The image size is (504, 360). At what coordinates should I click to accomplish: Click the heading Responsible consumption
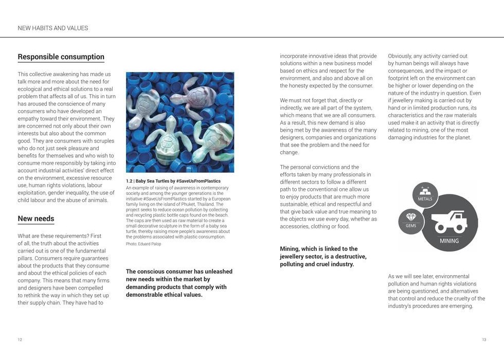pos(61,57)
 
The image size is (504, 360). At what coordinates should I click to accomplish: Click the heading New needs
pos(35,219)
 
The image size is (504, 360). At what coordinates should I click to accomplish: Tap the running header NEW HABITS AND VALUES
pos(53,28)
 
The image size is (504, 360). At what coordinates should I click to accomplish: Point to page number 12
pos(20,340)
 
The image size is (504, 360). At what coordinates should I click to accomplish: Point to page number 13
pos(484,340)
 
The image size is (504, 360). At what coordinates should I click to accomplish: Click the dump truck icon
pos(449,222)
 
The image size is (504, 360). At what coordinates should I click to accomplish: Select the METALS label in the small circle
pos(425,199)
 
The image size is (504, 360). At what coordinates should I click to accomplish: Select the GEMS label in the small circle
pos(411,226)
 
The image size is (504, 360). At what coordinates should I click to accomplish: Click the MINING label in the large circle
pos(449,241)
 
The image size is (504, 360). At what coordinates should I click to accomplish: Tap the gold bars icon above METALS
pos(425,190)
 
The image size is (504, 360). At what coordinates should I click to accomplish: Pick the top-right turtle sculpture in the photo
pos(195,97)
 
